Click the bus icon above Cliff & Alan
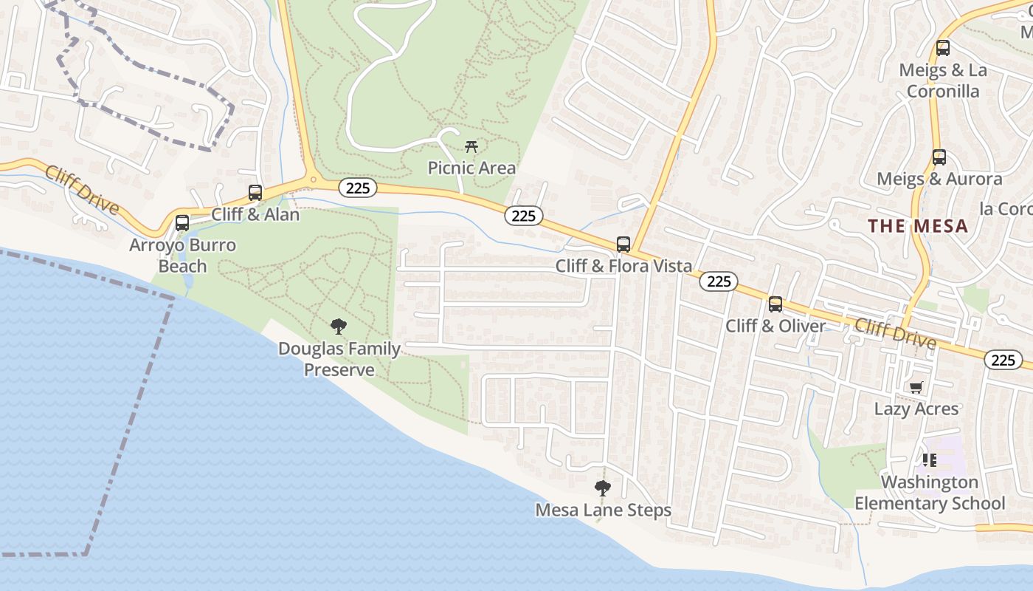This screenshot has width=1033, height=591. point(255,193)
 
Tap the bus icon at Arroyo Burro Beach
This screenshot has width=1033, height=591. point(182,222)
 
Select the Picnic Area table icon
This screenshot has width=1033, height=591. point(471,146)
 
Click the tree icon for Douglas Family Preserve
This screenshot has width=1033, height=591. point(339,326)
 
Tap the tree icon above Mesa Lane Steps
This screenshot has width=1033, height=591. point(603,488)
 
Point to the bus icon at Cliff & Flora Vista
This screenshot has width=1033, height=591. point(623,245)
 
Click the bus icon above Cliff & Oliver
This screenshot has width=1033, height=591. point(775,304)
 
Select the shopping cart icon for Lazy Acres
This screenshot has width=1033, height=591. point(916,387)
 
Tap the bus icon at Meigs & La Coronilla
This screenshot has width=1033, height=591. point(943,49)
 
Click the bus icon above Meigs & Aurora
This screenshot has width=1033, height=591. point(939,157)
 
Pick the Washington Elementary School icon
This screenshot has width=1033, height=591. point(930,460)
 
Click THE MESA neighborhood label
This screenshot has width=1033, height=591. point(918,226)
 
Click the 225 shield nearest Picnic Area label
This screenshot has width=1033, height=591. point(524,216)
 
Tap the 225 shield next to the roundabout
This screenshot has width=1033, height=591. point(358,188)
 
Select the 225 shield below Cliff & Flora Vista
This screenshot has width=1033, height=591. point(719,281)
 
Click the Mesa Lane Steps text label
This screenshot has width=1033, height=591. point(604,510)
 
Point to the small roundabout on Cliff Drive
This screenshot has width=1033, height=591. point(314,179)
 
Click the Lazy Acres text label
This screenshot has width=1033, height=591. point(916,409)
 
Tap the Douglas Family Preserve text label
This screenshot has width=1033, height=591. point(339,358)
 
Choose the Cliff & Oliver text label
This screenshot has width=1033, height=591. point(775,326)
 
